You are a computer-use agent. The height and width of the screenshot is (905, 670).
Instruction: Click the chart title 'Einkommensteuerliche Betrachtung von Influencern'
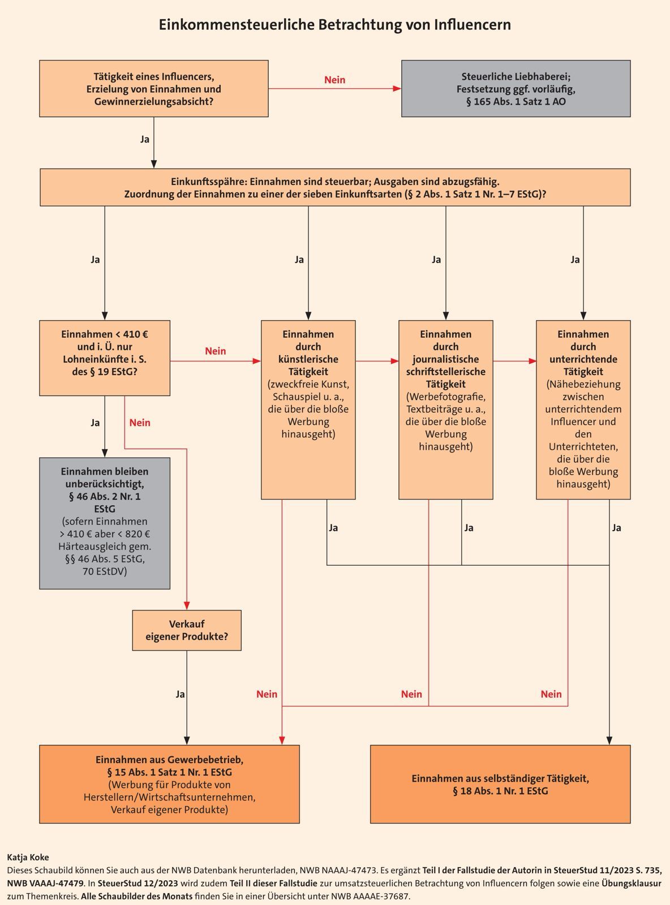click(334, 25)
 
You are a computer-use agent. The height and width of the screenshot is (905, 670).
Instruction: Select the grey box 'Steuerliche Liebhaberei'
click(516, 89)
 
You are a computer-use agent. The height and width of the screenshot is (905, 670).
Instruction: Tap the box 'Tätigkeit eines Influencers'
click(153, 89)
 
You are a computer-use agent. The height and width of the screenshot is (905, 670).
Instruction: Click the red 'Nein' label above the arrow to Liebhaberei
click(334, 80)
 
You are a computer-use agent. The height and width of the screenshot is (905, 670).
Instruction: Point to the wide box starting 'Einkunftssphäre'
click(335, 187)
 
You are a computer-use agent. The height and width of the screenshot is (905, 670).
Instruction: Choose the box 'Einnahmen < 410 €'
click(105, 358)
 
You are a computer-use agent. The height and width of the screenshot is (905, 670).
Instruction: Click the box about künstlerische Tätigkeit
click(308, 410)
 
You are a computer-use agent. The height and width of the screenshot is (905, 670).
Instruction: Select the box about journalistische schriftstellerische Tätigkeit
click(446, 410)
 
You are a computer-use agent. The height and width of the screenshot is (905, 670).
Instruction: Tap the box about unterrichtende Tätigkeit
click(583, 410)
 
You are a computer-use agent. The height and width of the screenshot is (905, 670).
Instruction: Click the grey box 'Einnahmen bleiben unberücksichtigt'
click(105, 523)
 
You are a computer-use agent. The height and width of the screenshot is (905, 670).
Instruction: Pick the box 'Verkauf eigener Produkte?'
click(187, 630)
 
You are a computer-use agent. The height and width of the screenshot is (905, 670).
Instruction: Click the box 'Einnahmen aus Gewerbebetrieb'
click(169, 784)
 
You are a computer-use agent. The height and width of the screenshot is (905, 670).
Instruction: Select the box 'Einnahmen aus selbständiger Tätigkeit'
click(500, 784)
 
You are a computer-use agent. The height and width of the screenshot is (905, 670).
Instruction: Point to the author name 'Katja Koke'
click(28, 857)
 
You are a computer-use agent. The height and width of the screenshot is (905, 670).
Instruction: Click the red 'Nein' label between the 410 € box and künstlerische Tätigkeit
click(215, 351)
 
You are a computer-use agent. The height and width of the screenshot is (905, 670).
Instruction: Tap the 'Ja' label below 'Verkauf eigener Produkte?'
click(180, 694)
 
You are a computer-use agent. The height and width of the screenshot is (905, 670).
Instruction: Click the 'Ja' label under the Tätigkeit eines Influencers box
click(145, 139)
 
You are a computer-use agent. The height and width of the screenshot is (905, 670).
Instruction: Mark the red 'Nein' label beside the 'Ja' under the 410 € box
click(140, 423)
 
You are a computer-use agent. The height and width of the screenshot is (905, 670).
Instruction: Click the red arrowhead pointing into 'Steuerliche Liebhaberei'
click(397, 89)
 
